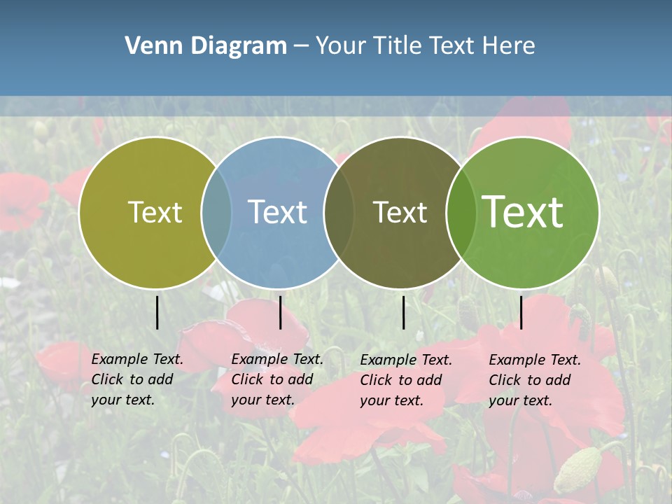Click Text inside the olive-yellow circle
[155, 212]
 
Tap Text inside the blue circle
[277, 212]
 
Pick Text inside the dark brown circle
[400, 212]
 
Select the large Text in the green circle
[522, 211]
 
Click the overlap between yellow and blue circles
[216, 212]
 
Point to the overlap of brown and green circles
[460, 212]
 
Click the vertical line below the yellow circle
[157, 312]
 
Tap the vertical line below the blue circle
[280, 312]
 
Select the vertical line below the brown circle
[404, 312]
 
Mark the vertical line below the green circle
[521, 312]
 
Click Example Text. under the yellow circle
[137, 359]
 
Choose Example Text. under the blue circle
[277, 359]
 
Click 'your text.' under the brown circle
[391, 400]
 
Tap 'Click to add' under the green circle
[530, 380]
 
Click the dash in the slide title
[301, 46]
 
